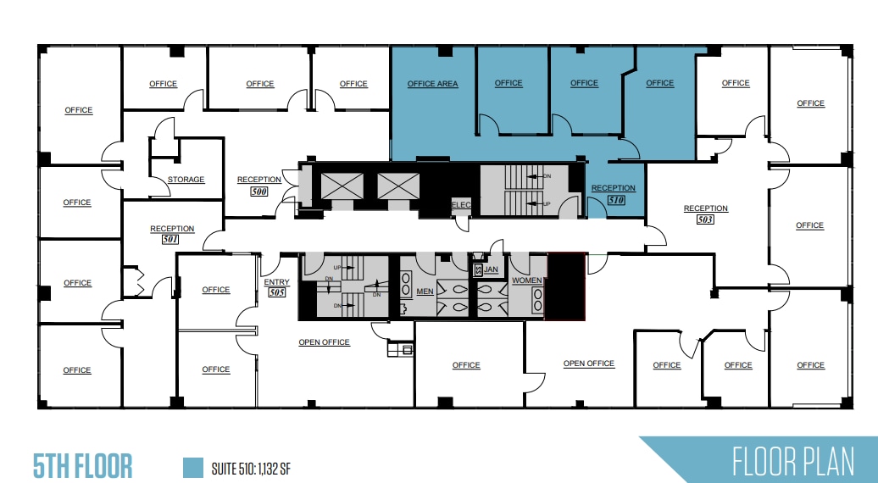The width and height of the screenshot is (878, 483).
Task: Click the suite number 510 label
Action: tap(616, 201)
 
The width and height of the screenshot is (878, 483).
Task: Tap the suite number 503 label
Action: tap(706, 220)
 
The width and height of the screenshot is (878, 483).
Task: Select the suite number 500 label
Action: tap(259, 192)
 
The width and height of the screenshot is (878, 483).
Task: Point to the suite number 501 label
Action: tap(172, 240)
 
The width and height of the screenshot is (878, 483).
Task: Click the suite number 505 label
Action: tap(276, 293)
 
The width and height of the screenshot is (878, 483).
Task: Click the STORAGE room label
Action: tap(186, 180)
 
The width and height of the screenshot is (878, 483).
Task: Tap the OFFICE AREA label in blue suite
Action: tap(432, 84)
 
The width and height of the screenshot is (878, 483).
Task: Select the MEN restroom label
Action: tap(425, 291)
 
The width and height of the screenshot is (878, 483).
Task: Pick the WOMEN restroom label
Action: tap(526, 280)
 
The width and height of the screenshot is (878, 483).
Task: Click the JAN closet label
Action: tap(491, 269)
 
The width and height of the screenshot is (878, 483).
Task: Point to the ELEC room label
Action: tap(460, 205)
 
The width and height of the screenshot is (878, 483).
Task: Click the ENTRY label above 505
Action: tap(276, 282)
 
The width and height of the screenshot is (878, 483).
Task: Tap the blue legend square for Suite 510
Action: tap(193, 467)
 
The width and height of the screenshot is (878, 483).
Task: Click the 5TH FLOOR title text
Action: tap(82, 465)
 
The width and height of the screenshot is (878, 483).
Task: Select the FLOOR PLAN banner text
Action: tap(794, 463)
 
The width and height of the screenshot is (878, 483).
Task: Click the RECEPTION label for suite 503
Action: tap(706, 208)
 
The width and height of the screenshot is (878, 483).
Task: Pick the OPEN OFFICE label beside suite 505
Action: tap(324, 342)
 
